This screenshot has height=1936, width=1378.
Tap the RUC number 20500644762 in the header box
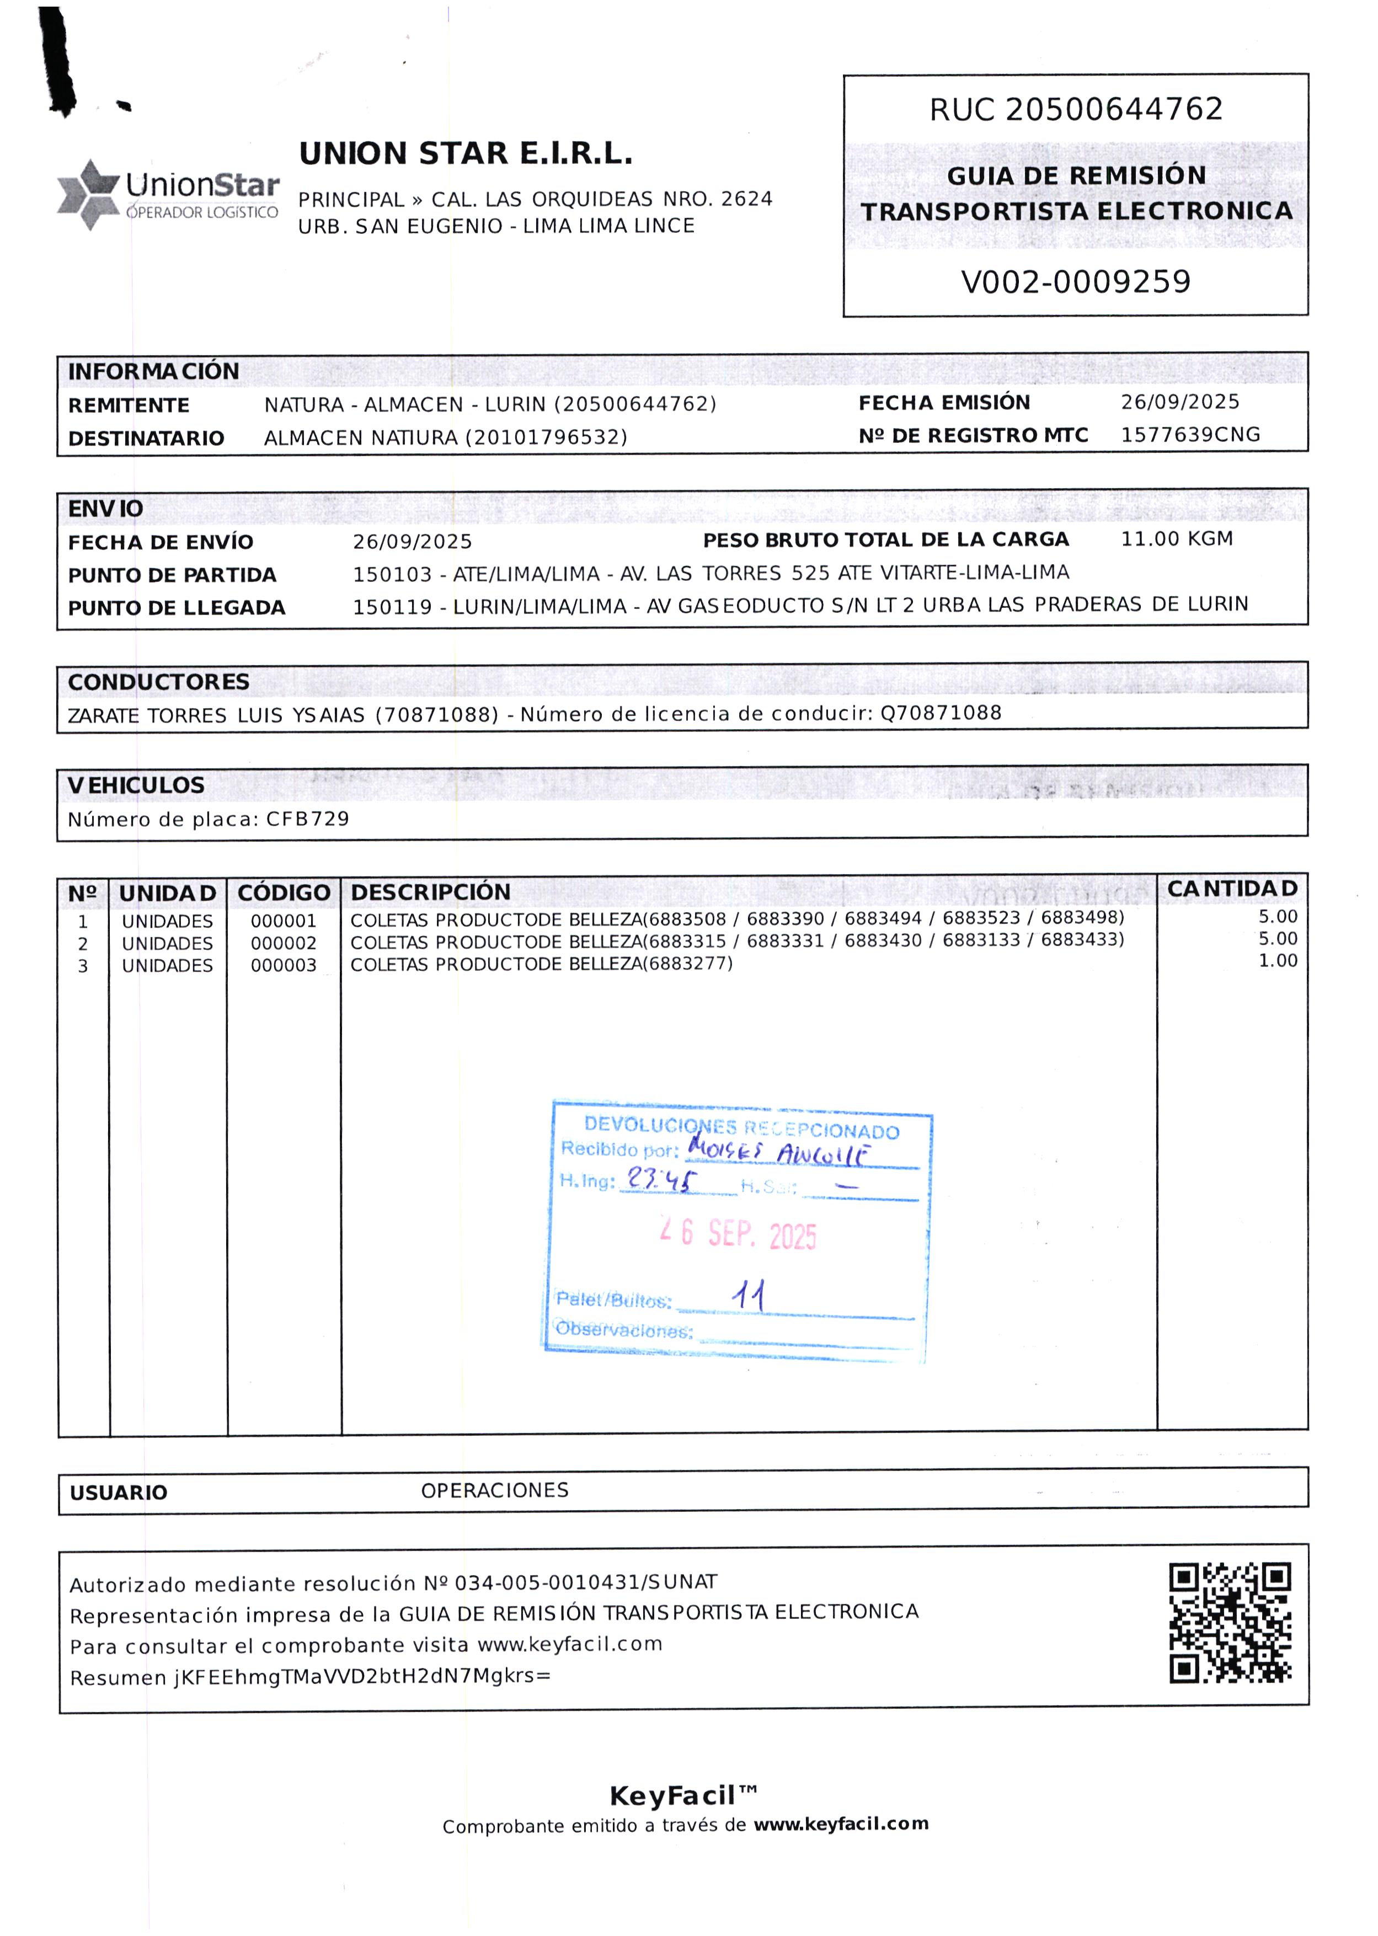pos(1113,109)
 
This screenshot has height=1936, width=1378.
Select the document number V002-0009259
pos(1075,282)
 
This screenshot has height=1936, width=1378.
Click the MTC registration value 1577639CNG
pos(1190,435)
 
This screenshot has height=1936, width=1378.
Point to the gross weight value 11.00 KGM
pos(1176,539)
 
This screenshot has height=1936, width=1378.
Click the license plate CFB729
pos(307,819)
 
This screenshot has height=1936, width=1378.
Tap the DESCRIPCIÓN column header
pos(430,892)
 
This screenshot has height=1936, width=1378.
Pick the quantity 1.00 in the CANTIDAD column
pos(1277,960)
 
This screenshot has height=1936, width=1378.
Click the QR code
pos(1230,1622)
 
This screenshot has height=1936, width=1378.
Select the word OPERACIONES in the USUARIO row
pos(495,1490)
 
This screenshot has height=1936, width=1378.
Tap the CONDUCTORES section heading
pos(159,682)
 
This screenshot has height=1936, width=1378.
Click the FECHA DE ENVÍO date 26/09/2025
pos(413,541)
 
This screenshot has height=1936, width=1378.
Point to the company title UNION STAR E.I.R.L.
pos(466,153)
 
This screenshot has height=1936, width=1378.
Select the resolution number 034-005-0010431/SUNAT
pos(585,1582)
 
